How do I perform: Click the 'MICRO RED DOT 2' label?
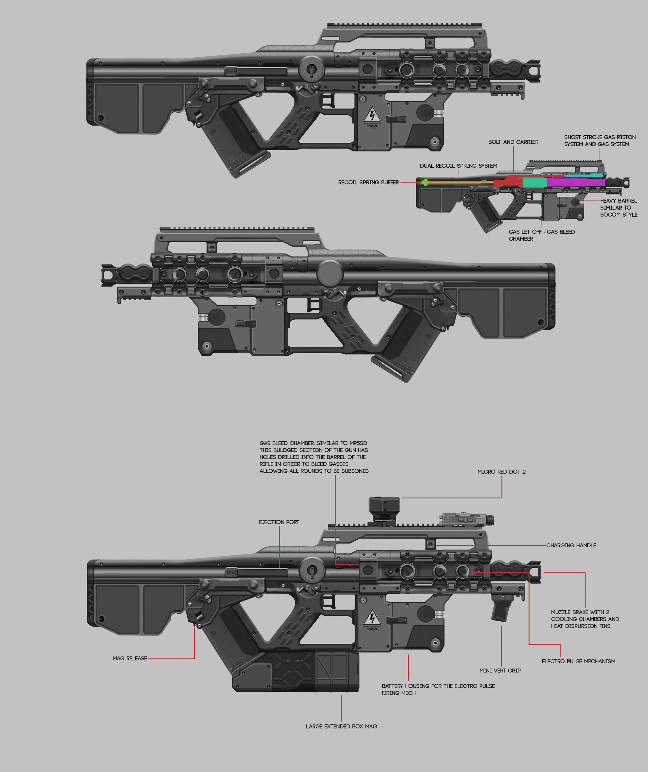[501, 472]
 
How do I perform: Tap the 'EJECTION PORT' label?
[279, 522]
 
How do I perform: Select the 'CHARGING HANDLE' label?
[571, 545]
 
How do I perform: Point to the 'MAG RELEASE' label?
[130, 658]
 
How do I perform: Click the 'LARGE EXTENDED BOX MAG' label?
[341, 726]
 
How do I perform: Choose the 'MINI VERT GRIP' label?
[500, 670]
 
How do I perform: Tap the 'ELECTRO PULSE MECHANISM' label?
[578, 661]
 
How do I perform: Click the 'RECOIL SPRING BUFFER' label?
[368, 182]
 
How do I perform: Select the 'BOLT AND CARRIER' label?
[513, 142]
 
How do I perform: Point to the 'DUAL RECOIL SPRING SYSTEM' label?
[458, 166]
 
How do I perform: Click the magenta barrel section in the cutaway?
[575, 182]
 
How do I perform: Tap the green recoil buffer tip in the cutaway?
[425, 182]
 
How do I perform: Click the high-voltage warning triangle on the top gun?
[372, 115]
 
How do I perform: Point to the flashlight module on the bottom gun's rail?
[467, 519]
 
